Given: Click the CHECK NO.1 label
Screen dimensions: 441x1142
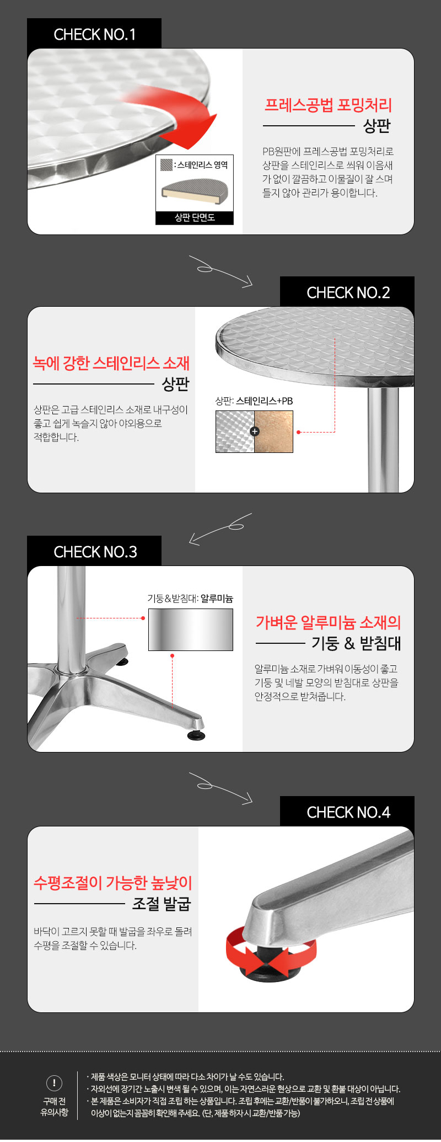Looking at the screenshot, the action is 94,34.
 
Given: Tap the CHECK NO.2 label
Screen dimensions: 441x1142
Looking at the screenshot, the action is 348,292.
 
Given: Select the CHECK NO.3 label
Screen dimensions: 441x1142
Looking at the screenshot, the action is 95,552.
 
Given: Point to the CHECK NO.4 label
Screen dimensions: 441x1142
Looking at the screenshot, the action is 348,812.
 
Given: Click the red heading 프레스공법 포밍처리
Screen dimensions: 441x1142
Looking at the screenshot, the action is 328,105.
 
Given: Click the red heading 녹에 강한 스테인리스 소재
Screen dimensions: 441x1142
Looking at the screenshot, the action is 111,362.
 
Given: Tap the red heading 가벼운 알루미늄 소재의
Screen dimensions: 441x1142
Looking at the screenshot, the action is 328,622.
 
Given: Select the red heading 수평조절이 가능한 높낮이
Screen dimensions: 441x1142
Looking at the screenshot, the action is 112,883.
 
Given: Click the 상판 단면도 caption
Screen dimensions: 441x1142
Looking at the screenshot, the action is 195,218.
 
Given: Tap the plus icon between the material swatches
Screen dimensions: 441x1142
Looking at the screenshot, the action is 255,431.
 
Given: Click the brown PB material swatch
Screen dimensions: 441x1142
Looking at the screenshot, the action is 274,431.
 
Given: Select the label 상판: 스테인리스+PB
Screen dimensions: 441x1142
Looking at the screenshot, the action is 254,401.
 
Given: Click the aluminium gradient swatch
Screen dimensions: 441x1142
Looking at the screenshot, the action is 191,629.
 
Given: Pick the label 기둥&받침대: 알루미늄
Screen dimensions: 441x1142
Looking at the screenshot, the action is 190,599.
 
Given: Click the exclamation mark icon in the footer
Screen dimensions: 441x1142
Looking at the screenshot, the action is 54,1083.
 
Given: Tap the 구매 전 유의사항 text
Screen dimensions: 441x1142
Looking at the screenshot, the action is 54,1107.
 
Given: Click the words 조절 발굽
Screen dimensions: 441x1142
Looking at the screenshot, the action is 162,904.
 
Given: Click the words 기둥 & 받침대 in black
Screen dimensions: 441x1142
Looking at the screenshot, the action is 356,643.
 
